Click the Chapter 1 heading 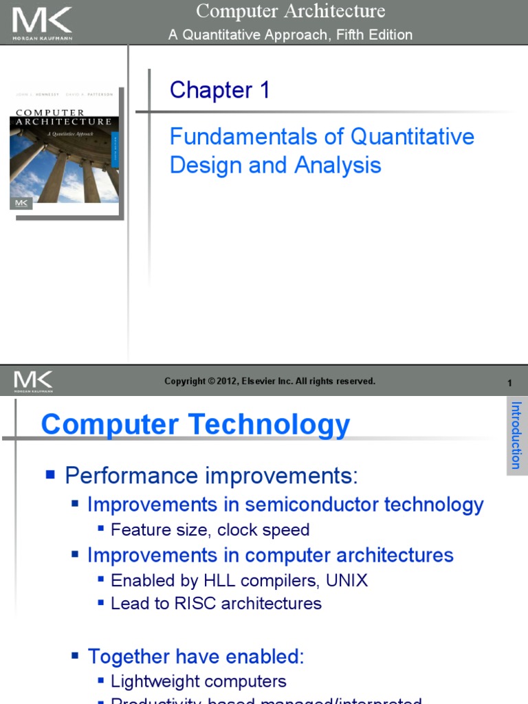point(220,90)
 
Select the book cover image point(65,151)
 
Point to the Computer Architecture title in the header point(290,12)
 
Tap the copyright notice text point(269,381)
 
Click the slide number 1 point(509,383)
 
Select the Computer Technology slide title point(195,424)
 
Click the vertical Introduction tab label point(516,435)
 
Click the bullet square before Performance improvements point(49,474)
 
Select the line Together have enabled point(195,656)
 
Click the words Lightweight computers point(198,681)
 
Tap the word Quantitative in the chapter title point(412,136)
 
